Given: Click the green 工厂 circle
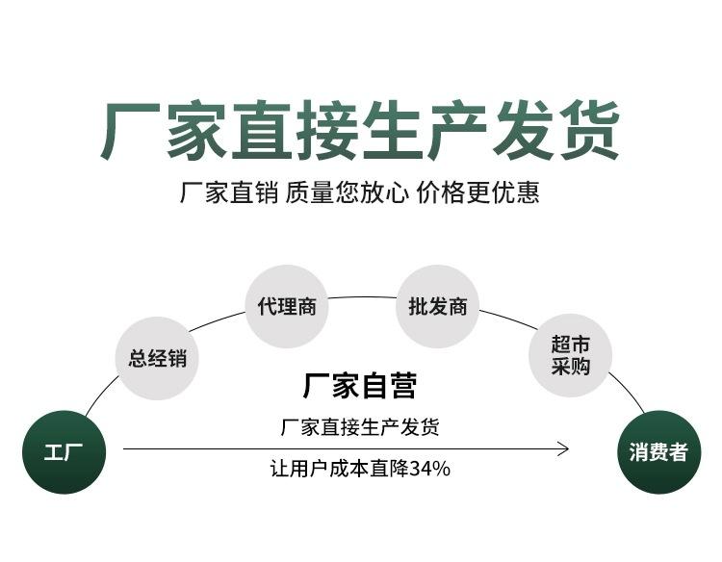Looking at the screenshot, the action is click(64, 451).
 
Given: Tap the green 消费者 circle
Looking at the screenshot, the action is click(658, 451).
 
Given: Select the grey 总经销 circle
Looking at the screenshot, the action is click(157, 358).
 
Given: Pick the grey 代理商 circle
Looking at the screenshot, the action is click(287, 307).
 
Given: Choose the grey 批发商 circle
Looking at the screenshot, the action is click(437, 307).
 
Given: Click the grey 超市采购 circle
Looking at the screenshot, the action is click(570, 356).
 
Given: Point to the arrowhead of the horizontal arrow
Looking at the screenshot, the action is click(564, 447).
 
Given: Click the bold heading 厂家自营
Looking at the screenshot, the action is click(360, 386).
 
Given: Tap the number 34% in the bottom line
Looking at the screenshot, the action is click(430, 470).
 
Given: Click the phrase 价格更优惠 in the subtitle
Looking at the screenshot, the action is click(477, 192).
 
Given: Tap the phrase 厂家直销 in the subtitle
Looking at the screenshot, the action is click(229, 192).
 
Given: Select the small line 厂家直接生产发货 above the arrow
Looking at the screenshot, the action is click(360, 426).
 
